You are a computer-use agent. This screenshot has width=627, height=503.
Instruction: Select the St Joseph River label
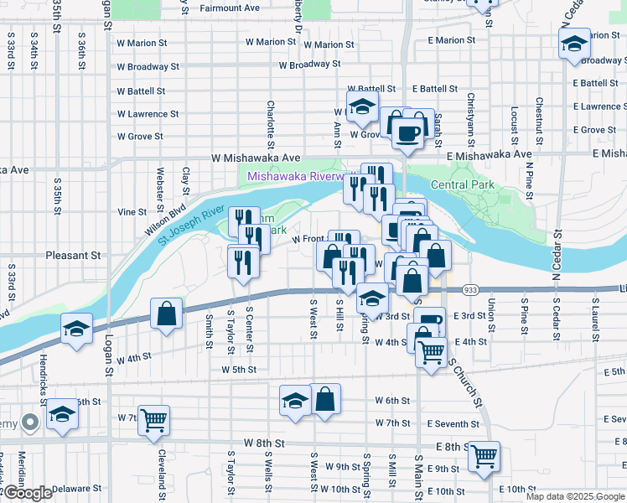tap(190, 225)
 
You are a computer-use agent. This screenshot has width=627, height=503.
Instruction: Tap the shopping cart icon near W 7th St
tap(153, 421)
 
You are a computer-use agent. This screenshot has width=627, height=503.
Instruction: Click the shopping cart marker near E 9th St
tap(484, 456)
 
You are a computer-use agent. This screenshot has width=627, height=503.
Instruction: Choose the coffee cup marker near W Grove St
tap(407, 134)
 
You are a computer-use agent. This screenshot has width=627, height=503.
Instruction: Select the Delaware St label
tap(76, 487)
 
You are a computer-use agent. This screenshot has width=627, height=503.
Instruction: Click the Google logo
tap(27, 493)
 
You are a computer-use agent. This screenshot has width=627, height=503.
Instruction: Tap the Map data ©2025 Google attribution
tap(575, 496)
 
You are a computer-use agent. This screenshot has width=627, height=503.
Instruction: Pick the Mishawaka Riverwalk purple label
tap(298, 177)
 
